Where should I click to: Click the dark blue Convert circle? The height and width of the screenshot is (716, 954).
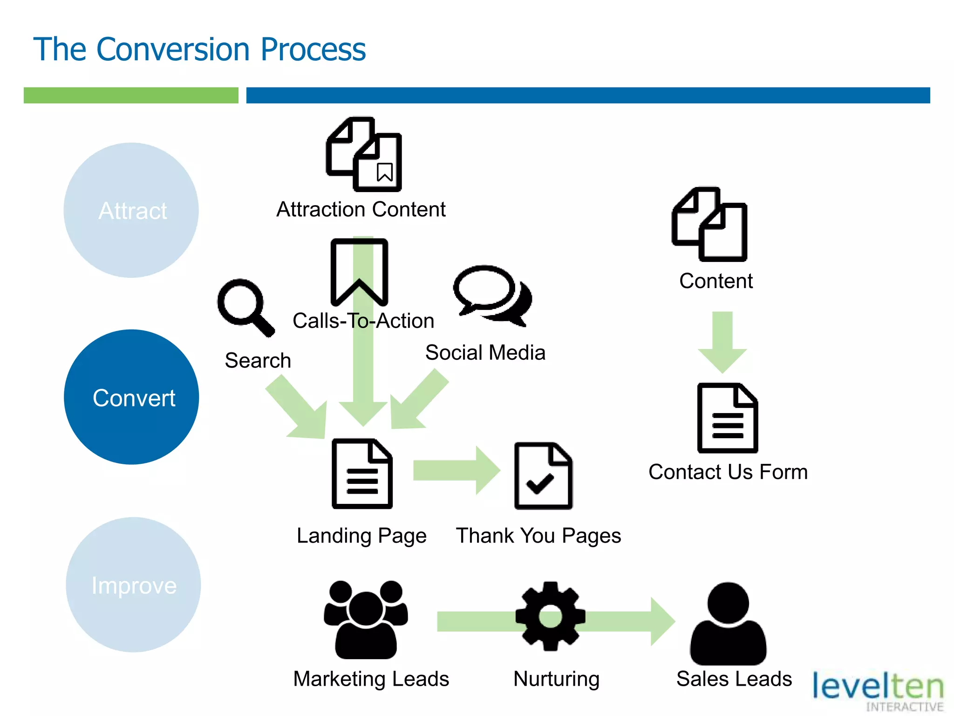point(131,397)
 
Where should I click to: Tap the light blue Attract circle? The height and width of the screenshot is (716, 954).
point(131,210)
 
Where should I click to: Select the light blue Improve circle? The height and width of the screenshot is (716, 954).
point(133,585)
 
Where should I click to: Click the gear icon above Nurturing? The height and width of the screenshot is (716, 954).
point(550,616)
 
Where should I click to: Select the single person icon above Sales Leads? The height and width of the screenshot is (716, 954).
point(728,624)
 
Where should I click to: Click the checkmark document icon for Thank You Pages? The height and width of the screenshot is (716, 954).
point(543,476)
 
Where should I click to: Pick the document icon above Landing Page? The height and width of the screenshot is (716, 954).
point(362,474)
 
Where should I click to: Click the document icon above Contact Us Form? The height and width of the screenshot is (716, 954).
point(727,418)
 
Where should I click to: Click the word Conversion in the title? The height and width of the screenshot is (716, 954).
point(173,49)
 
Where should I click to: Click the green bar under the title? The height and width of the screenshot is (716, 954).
point(131,95)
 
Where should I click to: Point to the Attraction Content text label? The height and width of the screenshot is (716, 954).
point(361,209)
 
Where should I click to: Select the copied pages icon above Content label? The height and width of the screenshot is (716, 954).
point(709,224)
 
